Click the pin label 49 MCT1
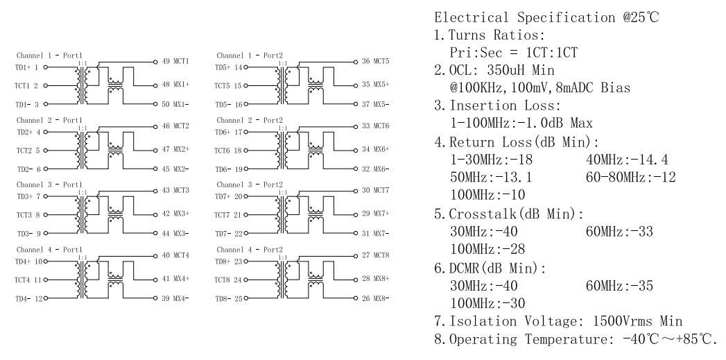[x=175, y=62]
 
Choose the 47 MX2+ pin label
[x=175, y=149]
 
